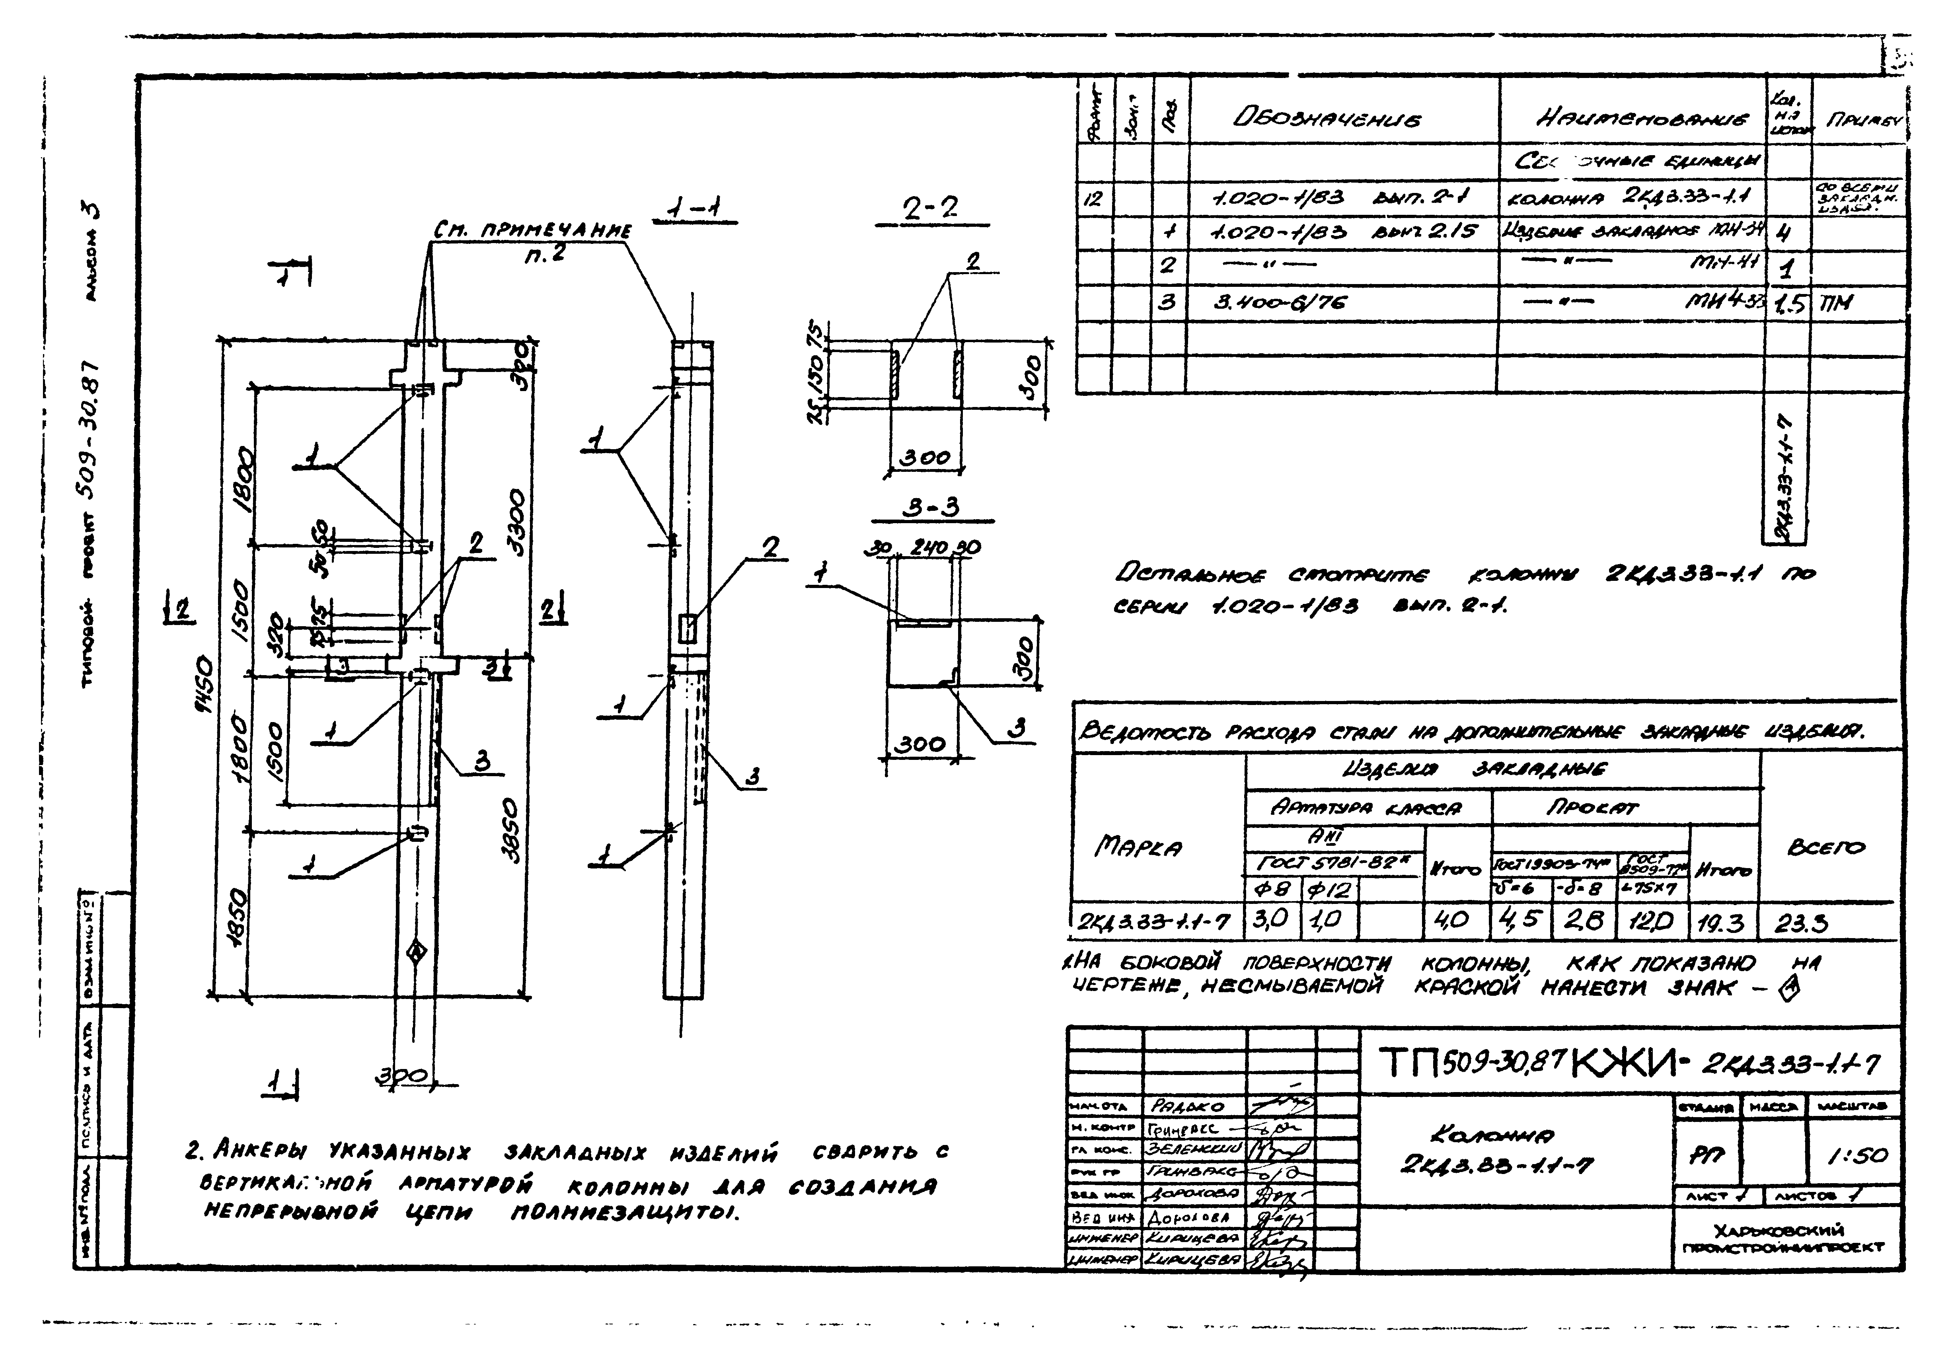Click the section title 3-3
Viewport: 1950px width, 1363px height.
pos(930,508)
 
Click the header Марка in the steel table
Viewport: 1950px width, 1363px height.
pos(1138,847)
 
